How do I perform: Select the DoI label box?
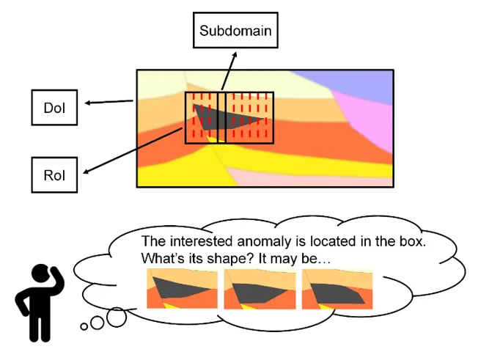tap(54, 109)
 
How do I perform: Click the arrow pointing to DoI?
tap(109, 102)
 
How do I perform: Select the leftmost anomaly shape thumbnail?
tap(183, 290)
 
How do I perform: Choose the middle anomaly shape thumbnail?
tap(260, 290)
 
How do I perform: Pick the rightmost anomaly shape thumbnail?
tap(337, 290)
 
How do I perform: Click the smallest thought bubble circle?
tap(85, 325)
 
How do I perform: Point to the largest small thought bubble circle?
tap(117, 317)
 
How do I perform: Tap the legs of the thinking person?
tap(34, 329)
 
